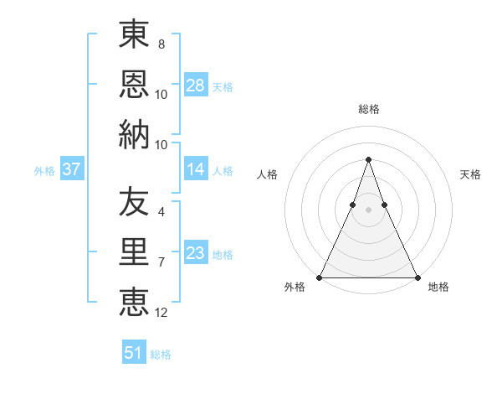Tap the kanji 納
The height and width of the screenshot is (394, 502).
[x=135, y=134]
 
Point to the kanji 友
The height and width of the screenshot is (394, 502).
[x=135, y=201]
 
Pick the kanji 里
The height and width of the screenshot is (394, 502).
[x=135, y=251]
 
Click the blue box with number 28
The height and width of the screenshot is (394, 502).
[x=196, y=85]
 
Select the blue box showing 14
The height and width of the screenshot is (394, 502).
[x=196, y=169]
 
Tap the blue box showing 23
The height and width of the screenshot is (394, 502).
[x=196, y=253]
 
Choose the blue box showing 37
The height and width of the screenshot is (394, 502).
[x=72, y=169]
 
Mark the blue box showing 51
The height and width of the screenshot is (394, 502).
[x=134, y=353]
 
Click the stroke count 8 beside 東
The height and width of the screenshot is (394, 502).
[x=161, y=44]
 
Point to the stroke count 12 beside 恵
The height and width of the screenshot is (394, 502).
[x=161, y=313]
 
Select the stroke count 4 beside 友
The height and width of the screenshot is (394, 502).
[x=161, y=211]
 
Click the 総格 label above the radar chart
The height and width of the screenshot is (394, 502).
[x=368, y=109]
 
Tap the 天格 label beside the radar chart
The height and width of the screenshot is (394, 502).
[x=471, y=174]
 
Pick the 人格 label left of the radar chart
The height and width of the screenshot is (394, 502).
[x=267, y=174]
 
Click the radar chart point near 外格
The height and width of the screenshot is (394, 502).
[x=320, y=277]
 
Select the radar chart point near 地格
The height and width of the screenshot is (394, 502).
[x=417, y=277]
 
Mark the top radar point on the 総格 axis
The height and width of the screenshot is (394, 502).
[x=368, y=159]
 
